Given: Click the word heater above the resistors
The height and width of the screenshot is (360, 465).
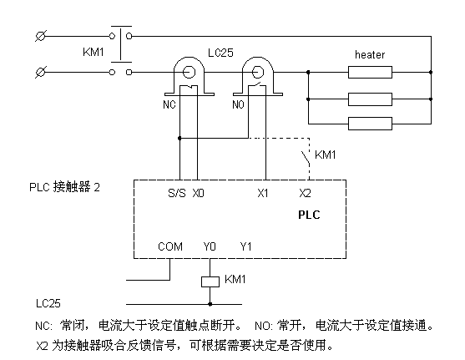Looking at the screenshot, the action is pyautogui.click(x=370, y=54).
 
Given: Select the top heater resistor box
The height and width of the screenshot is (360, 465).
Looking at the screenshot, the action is pyautogui.click(x=370, y=72).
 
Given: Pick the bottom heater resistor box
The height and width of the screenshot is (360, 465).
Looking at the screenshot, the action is pyautogui.click(x=370, y=124).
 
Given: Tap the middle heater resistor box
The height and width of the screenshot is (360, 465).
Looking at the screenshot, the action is pyautogui.click(x=370, y=99).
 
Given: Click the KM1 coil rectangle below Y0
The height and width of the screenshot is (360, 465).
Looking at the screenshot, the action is pyautogui.click(x=210, y=281).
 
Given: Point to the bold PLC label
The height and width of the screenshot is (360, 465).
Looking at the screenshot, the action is pyautogui.click(x=309, y=215).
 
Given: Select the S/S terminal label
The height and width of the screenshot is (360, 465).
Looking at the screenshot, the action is pyautogui.click(x=177, y=193).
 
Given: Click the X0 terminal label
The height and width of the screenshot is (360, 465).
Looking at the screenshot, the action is pyautogui.click(x=199, y=193).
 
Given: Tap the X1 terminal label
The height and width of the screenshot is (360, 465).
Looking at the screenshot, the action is pyautogui.click(x=263, y=193).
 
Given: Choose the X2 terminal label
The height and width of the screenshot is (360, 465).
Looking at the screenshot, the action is pyautogui.click(x=306, y=193).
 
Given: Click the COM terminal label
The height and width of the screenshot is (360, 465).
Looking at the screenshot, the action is pyautogui.click(x=170, y=246).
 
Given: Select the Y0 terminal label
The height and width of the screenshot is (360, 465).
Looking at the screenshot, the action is pyautogui.click(x=210, y=246).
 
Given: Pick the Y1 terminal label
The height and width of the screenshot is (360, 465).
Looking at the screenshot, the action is pyautogui.click(x=245, y=246).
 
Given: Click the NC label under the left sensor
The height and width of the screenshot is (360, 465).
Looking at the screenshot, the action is pyautogui.click(x=169, y=104).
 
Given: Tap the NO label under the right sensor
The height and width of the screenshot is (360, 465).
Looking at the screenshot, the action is pyautogui.click(x=238, y=104).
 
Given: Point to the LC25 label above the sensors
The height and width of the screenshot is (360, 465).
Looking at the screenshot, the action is pyautogui.click(x=220, y=53).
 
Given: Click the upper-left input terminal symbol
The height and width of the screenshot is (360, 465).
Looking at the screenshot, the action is pyautogui.click(x=41, y=36).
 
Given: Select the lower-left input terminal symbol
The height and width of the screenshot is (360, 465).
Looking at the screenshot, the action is pyautogui.click(x=41, y=72).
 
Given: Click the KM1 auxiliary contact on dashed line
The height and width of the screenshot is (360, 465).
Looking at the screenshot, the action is pyautogui.click(x=306, y=158).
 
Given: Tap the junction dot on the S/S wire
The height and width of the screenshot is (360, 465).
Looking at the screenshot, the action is pyautogui.click(x=179, y=139).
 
